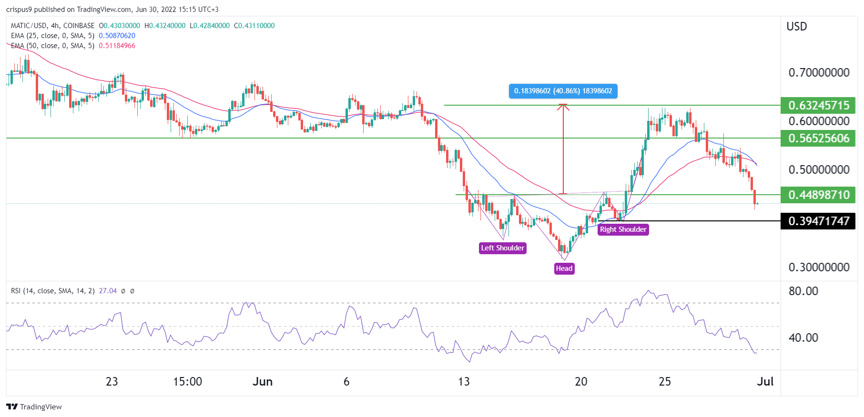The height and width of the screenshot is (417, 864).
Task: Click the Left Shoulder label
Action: point(502,248)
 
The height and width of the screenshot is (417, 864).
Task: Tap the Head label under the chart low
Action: point(564,268)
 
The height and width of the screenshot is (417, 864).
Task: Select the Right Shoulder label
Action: point(623,229)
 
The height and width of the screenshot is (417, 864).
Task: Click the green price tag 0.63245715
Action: point(818,105)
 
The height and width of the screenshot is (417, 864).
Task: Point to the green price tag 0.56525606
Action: point(818,139)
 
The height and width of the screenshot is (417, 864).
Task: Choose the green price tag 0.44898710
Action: point(818,195)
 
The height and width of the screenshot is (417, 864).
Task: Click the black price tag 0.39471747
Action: point(818,221)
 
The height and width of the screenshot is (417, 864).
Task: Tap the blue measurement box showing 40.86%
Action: point(563,91)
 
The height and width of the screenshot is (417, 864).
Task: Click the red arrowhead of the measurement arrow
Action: point(563,107)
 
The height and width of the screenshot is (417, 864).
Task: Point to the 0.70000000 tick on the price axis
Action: point(819,73)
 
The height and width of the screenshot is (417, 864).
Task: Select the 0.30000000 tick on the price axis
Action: point(819,267)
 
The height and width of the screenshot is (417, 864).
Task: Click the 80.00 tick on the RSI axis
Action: point(803,291)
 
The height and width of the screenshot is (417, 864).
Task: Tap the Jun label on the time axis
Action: point(263,381)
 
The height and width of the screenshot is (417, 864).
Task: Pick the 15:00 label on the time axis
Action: point(187,381)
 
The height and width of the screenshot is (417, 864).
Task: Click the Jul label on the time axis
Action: point(765,381)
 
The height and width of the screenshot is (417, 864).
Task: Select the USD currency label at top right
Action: point(796,27)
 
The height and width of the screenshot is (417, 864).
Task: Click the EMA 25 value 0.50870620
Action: point(117,36)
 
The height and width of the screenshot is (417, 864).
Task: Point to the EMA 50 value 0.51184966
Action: point(117,46)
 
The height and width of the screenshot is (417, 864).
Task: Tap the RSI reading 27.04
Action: point(108,291)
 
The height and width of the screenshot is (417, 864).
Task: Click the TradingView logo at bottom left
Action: point(34,407)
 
